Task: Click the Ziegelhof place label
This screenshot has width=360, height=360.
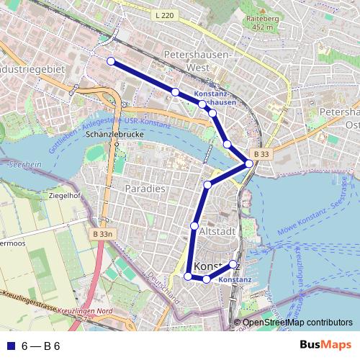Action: coord(64,195)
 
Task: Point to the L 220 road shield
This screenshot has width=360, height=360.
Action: coord(163,14)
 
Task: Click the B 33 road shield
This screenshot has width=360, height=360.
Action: coord(261,153)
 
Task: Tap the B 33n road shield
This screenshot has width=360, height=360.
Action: coord(104,234)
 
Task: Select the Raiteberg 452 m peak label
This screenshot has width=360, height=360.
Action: coord(263,23)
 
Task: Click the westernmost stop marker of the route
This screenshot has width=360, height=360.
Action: coord(111,61)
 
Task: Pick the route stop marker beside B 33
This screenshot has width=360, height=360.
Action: coord(249,163)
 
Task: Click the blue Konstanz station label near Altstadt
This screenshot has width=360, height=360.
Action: coord(234,279)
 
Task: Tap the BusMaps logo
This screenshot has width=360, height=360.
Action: coord(326,346)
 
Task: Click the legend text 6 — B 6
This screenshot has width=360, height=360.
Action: coord(40,346)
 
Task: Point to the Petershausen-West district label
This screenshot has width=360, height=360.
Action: coord(197,60)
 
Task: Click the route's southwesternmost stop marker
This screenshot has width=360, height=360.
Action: coord(188,276)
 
